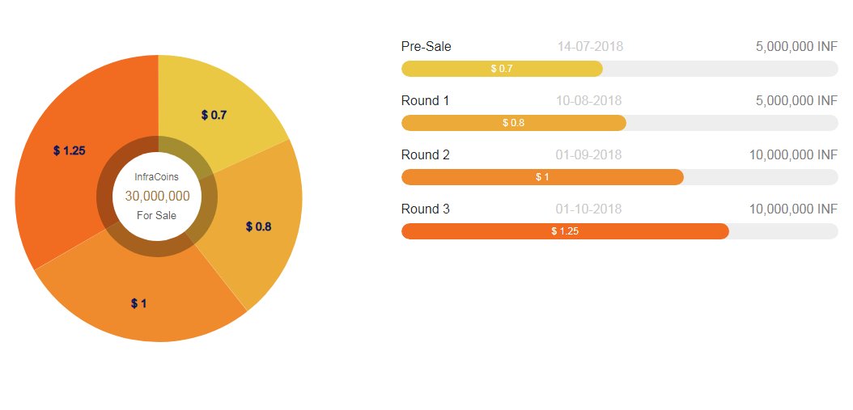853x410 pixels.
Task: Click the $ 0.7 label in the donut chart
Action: click(x=214, y=116)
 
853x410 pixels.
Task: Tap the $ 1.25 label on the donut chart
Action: click(x=69, y=150)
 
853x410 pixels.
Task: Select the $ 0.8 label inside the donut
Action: click(x=258, y=226)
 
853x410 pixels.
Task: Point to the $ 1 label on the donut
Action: click(x=138, y=303)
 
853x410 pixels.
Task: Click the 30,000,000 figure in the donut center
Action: click(x=157, y=197)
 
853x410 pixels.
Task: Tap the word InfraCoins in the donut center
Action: click(x=157, y=177)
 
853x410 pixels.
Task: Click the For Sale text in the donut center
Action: click(x=157, y=215)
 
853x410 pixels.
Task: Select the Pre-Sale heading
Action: click(x=426, y=47)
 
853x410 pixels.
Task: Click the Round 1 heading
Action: click(x=426, y=100)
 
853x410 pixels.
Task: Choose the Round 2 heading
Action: click(x=426, y=155)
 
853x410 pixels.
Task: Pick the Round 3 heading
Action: click(x=426, y=209)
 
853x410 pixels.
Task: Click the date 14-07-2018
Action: click(x=590, y=47)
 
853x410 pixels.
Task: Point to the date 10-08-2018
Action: click(x=588, y=100)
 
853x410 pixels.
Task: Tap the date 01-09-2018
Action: click(x=588, y=155)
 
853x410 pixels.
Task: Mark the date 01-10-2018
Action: click(x=588, y=209)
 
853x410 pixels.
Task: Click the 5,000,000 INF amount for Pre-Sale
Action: click(x=796, y=47)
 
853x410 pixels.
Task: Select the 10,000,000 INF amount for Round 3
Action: click(x=793, y=209)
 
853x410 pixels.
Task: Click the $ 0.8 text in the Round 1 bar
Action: click(x=514, y=123)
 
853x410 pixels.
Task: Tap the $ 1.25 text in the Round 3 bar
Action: click(x=565, y=231)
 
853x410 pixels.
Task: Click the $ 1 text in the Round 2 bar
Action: click(x=542, y=177)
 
